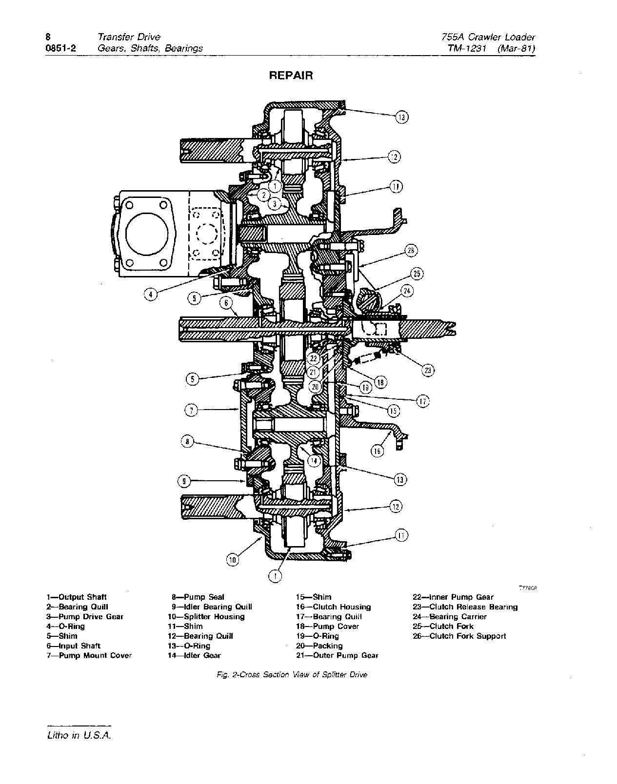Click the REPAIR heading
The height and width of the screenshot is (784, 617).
(291, 76)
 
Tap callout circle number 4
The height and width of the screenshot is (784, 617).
(151, 294)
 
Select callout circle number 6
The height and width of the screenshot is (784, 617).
(226, 303)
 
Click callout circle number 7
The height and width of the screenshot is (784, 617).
(191, 411)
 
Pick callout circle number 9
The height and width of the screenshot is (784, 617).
(183, 481)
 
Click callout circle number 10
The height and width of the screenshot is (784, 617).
(233, 560)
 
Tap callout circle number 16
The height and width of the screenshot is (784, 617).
(377, 451)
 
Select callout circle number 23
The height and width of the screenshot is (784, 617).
(428, 370)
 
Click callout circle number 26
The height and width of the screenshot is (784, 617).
(411, 251)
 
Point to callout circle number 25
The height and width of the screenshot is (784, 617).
(417, 274)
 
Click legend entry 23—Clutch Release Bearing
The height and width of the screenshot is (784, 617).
(465, 607)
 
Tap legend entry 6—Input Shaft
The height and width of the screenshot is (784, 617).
(73, 646)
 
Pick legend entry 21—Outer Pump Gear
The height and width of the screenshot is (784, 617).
(337, 655)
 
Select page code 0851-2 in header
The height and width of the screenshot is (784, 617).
(60, 48)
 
